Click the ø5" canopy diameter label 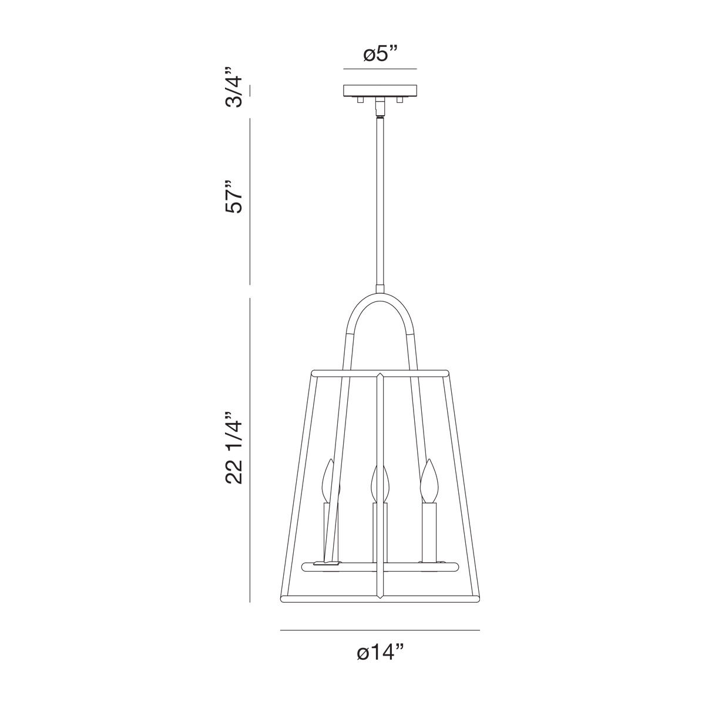pos(380,55)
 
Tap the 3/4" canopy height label pos(233,87)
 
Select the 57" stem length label pos(234,196)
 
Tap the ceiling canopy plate pos(380,90)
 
